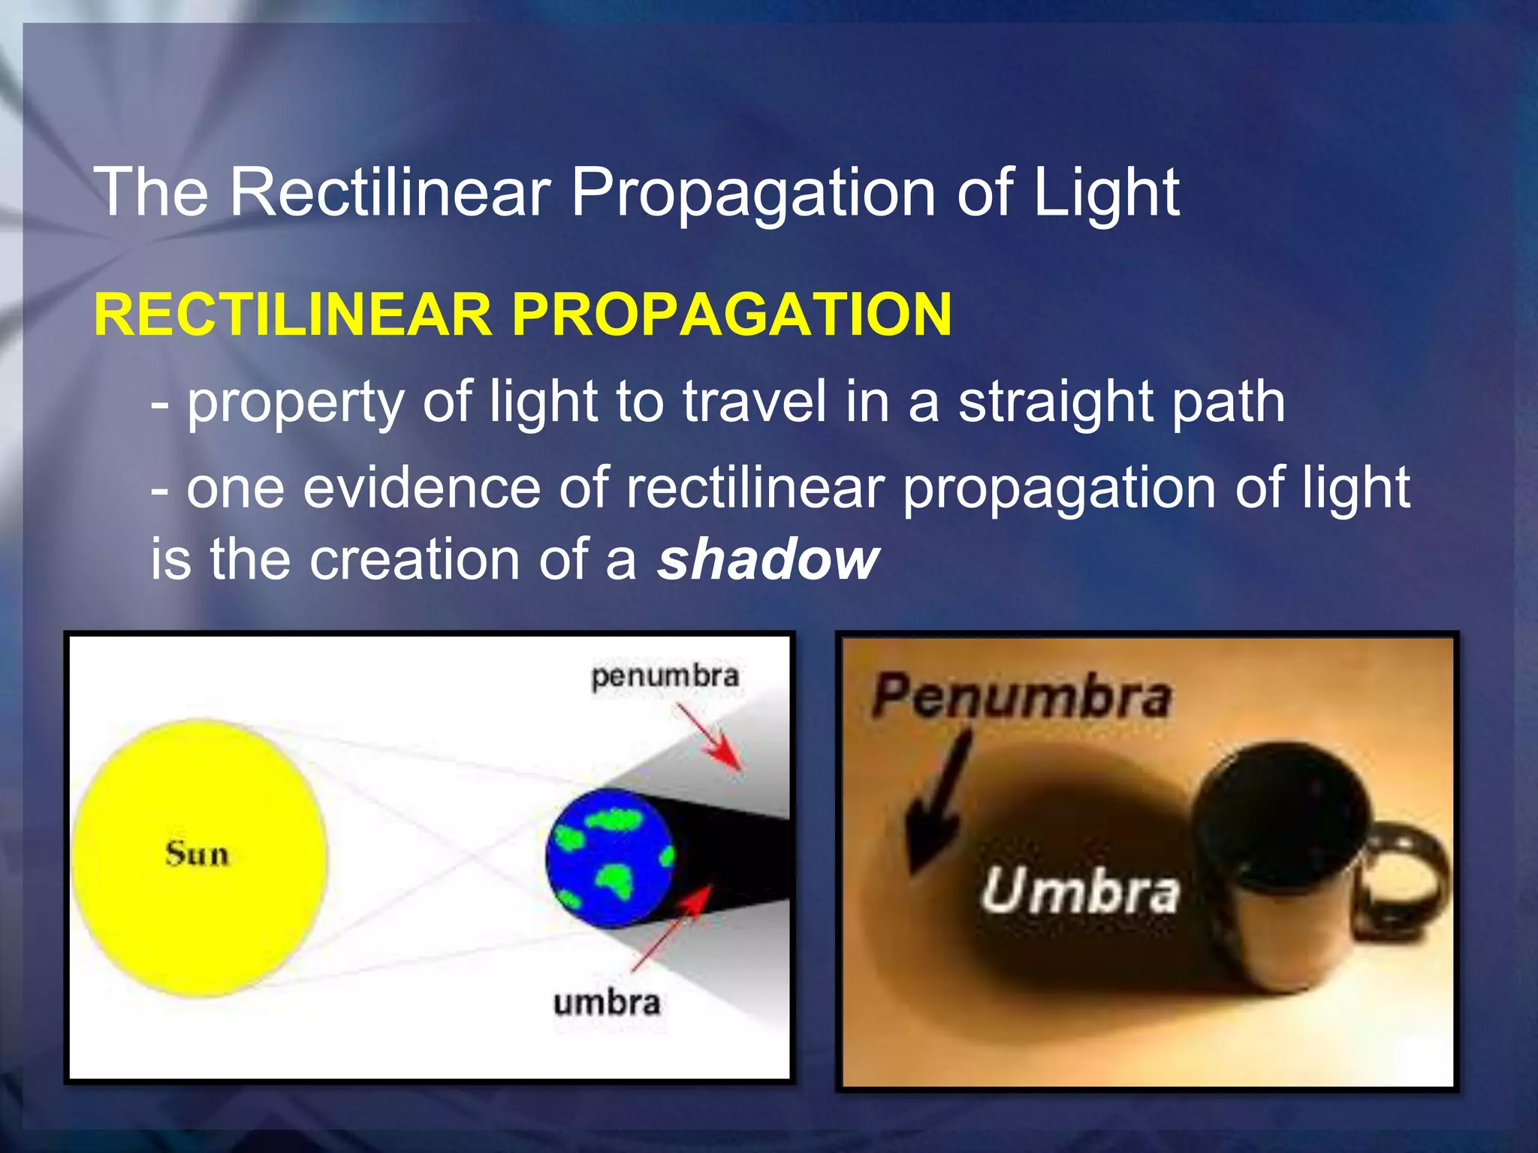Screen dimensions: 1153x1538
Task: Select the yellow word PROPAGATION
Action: pyautogui.click(x=731, y=314)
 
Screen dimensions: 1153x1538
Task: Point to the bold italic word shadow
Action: pyautogui.click(x=767, y=559)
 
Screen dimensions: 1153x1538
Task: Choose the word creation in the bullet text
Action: pyautogui.click(x=415, y=559)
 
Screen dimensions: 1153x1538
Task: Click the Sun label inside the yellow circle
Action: pyautogui.click(x=197, y=854)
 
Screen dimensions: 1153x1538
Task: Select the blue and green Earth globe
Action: pyautogui.click(x=610, y=857)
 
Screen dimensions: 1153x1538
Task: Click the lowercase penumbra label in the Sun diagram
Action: pyautogui.click(x=665, y=676)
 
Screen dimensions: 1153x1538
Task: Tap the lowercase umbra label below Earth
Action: pyautogui.click(x=607, y=1003)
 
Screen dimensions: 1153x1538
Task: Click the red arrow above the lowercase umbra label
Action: pyautogui.click(x=672, y=927)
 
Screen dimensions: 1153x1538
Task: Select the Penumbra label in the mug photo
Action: pyautogui.click(x=1021, y=696)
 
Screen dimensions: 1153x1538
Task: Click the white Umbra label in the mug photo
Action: pyautogui.click(x=1079, y=891)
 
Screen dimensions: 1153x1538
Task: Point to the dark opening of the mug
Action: pyautogui.click(x=1280, y=818)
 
